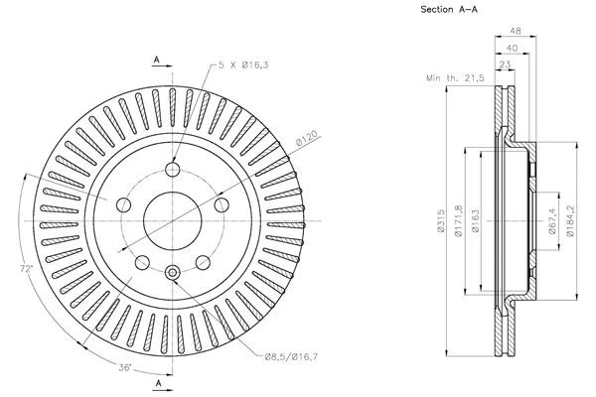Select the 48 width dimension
coord(515,30)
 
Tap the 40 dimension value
coord(511,46)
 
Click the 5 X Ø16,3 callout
coord(242,66)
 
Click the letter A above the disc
coord(156,60)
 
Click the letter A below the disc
coord(156,381)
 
